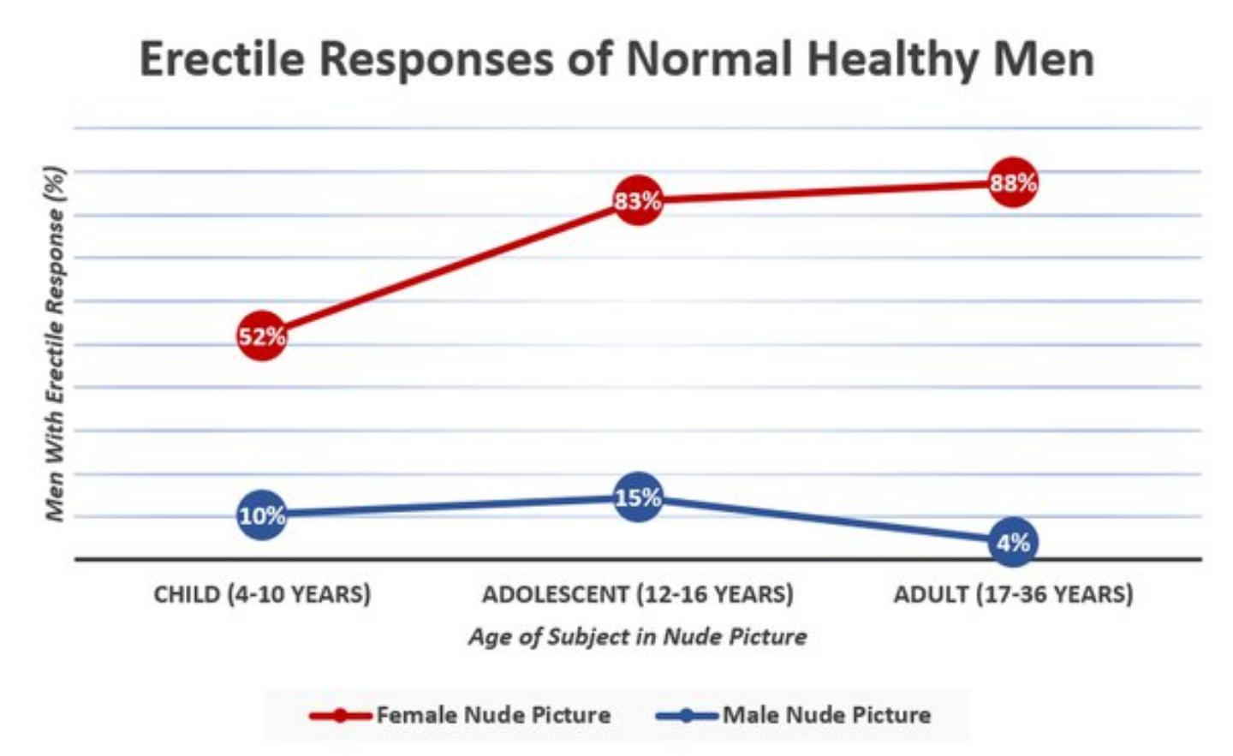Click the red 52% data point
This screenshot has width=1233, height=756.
coord(262,336)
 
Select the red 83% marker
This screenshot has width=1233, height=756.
coord(637,200)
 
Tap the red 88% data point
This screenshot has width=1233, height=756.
coord(1013,182)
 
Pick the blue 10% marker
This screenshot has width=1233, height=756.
coord(262,515)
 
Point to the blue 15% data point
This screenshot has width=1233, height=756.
coord(637,497)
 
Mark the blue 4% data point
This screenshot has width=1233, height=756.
coord(1013,542)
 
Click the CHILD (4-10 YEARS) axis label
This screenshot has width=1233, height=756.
coord(262,594)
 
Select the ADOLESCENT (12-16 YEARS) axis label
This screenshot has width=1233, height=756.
coord(637,594)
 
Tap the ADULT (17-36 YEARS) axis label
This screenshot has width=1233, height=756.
coord(1013,594)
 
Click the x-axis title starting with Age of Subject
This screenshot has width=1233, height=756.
coord(637,637)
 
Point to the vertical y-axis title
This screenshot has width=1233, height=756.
coord(55,342)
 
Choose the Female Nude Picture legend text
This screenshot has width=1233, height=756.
coord(493,715)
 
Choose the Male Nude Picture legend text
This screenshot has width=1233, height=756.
coord(826,715)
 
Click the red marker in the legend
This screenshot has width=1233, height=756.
coord(340,715)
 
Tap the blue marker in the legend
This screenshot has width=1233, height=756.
coord(687,715)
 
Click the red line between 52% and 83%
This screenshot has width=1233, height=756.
coord(450,268)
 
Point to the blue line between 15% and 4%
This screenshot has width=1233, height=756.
coord(825,520)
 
